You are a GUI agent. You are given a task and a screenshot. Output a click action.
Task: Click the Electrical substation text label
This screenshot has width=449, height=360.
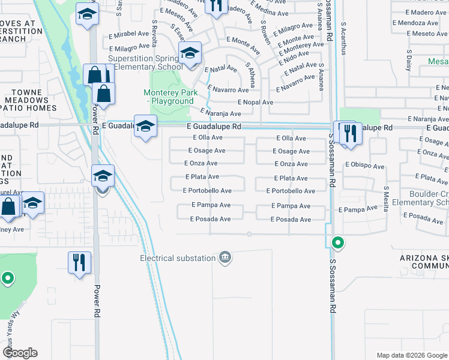point(177,258)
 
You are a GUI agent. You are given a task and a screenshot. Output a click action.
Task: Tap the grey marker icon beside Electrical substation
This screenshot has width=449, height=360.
point(225,258)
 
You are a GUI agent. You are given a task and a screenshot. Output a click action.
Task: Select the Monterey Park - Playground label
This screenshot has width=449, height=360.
point(169,97)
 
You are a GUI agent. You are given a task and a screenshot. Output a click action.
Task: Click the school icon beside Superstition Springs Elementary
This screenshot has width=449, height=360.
point(190,55)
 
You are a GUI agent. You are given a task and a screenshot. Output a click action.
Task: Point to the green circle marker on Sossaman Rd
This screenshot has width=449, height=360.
point(338,243)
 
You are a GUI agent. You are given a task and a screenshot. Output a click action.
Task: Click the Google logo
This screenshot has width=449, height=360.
point(20,352)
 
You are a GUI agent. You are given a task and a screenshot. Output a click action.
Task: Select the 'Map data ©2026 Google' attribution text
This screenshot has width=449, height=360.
point(411,355)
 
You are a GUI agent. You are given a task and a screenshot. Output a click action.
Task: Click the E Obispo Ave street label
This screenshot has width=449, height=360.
point(364,166)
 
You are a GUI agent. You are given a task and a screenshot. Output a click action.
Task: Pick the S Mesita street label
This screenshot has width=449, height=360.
point(386,194)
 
